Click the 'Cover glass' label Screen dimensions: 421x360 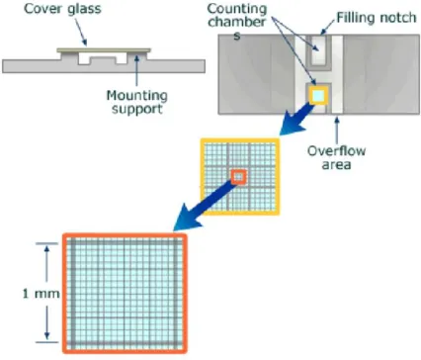(x=62, y=9)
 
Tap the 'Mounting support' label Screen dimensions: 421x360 (x=137, y=102)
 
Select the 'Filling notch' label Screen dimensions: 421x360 (x=377, y=18)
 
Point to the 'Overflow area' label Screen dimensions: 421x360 (x=336, y=157)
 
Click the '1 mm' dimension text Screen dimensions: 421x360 (x=41, y=294)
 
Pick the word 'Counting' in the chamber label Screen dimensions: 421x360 (x=237, y=9)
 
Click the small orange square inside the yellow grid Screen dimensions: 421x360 (x=239, y=177)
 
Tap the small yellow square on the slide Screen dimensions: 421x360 (x=318, y=96)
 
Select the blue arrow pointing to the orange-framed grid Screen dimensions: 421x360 (x=206, y=204)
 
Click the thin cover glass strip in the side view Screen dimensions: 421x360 (x=104, y=50)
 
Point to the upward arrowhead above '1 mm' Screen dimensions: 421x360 (x=46, y=249)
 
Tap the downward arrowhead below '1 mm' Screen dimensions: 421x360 (x=46, y=335)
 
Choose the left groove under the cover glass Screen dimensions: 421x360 (x=84, y=58)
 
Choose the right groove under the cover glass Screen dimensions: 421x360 (x=121, y=58)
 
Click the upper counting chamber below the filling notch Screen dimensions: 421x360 (x=318, y=50)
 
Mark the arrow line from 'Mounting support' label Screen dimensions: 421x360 (x=136, y=71)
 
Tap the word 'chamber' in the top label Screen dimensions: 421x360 (x=237, y=22)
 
